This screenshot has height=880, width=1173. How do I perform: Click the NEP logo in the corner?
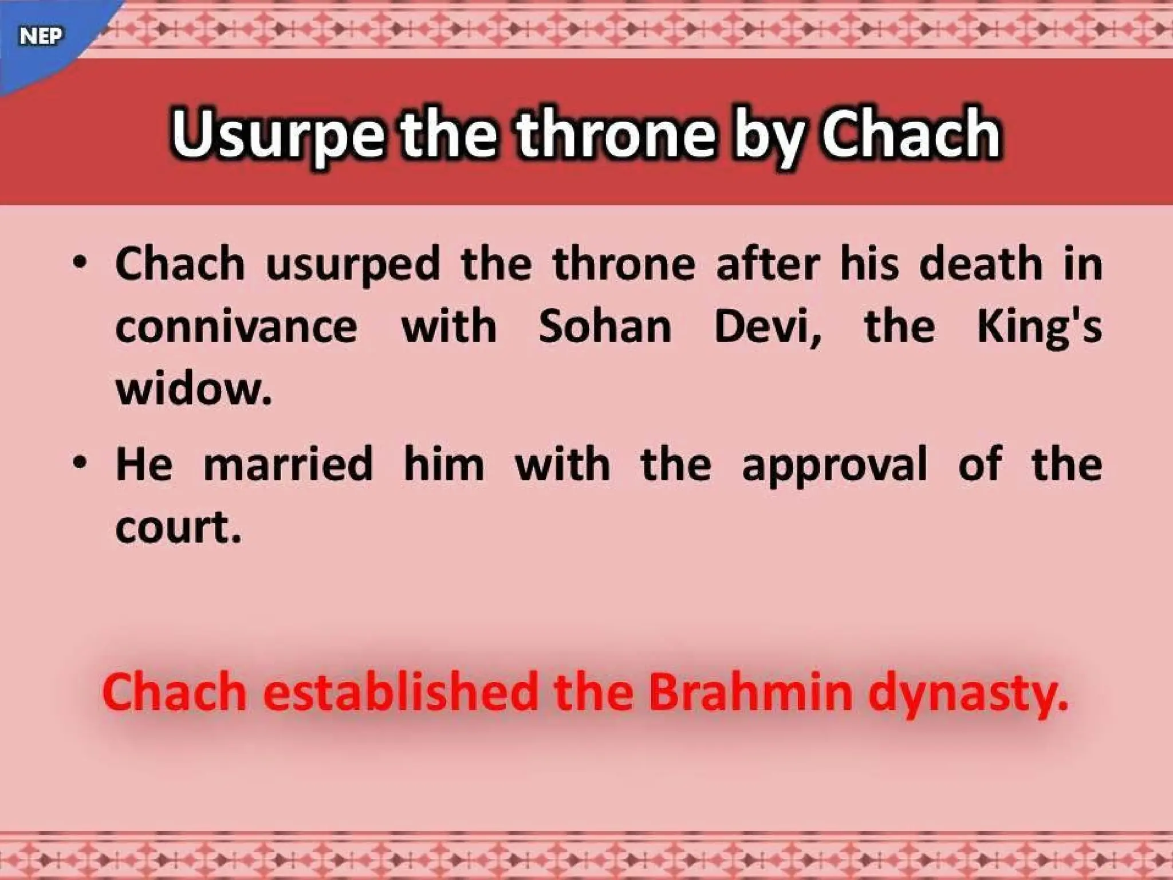[40, 36]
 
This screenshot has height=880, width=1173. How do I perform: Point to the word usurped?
[353, 265]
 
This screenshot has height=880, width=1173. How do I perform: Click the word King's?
[1039, 328]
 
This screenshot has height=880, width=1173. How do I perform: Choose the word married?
[288, 464]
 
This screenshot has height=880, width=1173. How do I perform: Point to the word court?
[178, 527]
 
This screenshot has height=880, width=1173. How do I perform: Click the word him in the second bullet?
[444, 464]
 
